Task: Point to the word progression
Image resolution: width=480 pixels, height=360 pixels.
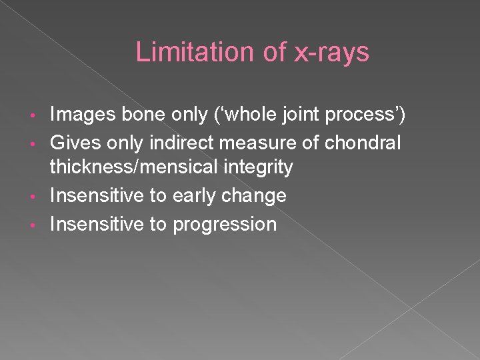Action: click(225, 225)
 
